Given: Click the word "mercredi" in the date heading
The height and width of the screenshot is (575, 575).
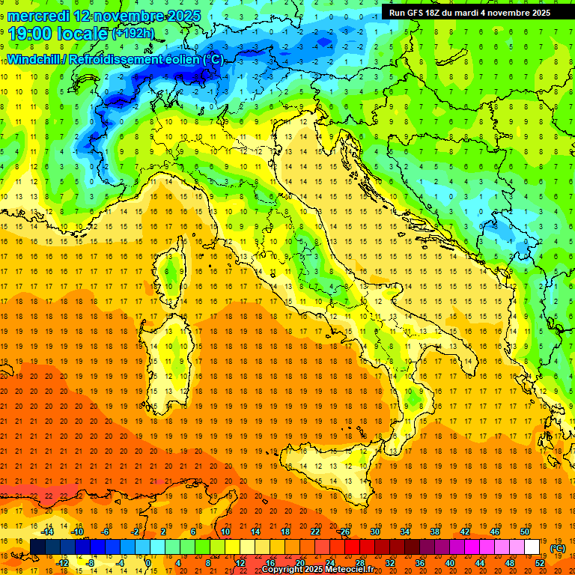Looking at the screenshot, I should click(39, 16).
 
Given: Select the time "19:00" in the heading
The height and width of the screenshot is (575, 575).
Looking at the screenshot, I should click(32, 34).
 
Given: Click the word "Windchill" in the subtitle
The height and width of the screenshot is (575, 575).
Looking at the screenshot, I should click(34, 60).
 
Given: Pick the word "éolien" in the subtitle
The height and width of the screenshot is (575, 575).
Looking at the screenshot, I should click(174, 60).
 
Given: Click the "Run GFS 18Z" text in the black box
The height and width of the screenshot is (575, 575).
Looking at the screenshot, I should click(418, 12).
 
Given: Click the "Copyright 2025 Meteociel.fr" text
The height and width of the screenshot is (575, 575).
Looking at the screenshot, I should click(323, 570).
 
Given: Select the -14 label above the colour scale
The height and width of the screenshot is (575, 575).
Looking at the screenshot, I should click(47, 532).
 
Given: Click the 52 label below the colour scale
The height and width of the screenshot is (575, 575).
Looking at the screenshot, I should click(540, 563).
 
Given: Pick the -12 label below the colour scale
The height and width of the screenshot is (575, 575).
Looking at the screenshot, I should click(63, 563).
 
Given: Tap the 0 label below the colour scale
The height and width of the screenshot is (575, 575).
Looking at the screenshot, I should click(149, 563).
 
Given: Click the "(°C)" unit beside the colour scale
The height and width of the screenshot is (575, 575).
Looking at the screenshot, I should click(558, 548).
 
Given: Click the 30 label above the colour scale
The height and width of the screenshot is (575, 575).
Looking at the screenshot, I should click(374, 532).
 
